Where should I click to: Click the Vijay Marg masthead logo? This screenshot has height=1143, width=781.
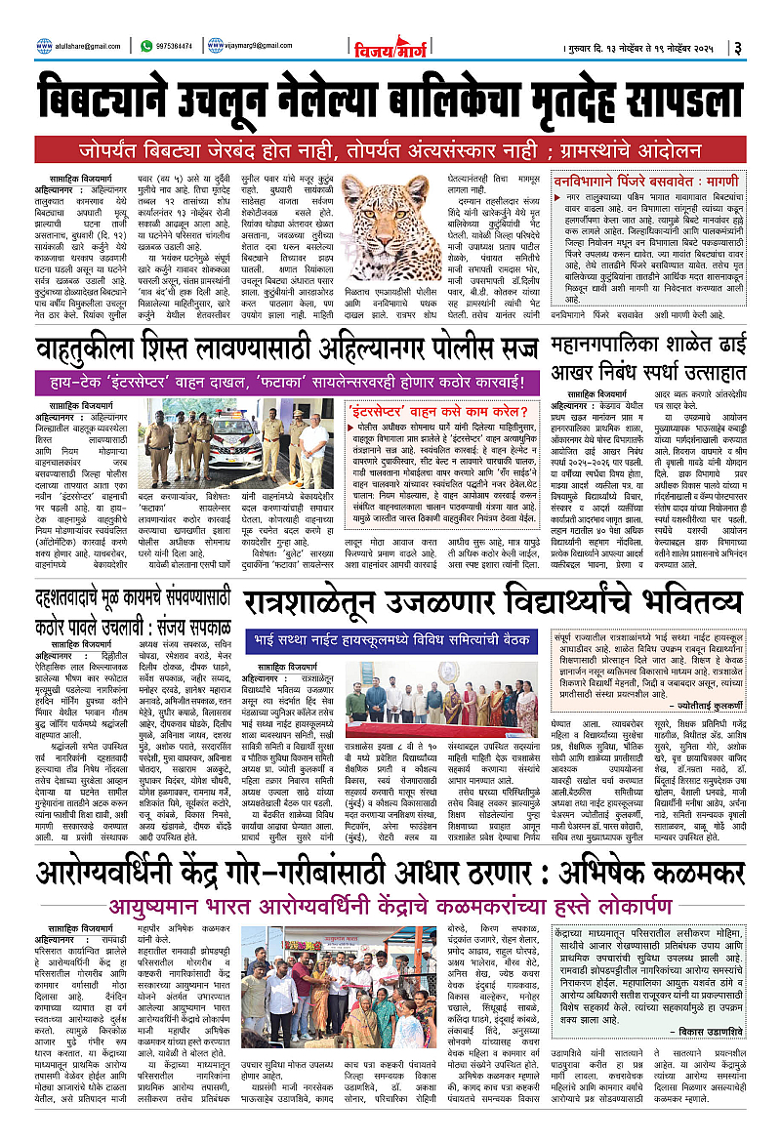point(390,46)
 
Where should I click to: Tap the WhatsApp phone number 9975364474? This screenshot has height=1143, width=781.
point(175,45)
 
